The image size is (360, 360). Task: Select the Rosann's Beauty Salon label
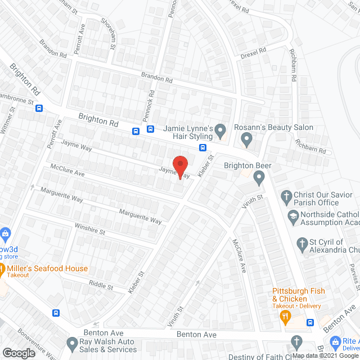coord(273,128)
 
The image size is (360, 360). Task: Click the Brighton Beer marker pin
coord(259,178)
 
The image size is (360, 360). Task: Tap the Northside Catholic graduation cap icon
coord(293,215)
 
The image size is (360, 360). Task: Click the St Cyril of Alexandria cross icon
coord(302,244)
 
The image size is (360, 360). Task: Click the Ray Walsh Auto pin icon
coord(72,343)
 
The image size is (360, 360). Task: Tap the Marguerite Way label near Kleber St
coord(139,215)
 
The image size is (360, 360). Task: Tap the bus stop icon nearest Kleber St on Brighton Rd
coord(202,148)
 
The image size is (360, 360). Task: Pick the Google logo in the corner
coord(19,353)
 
